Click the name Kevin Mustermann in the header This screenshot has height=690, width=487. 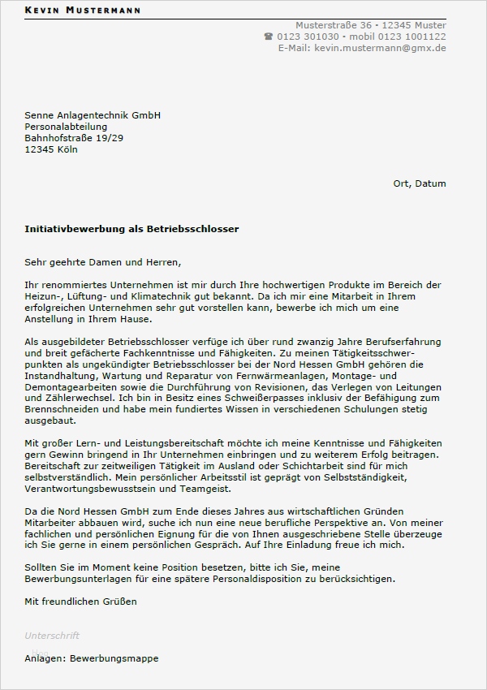click(x=83, y=11)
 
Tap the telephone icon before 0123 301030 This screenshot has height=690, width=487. click(x=269, y=37)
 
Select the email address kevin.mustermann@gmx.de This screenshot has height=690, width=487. click(x=380, y=48)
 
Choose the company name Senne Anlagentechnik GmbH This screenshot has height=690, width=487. click(x=93, y=115)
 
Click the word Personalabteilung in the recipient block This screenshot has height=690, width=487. click(x=66, y=127)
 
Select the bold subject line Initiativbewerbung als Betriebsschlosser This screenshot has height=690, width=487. click(x=131, y=230)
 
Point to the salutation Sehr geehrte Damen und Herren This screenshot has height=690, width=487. click(x=103, y=262)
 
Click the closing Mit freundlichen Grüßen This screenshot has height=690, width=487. click(x=81, y=602)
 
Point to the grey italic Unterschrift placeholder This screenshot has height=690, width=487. click(x=52, y=636)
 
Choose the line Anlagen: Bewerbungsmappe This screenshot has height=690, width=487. click(x=92, y=658)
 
